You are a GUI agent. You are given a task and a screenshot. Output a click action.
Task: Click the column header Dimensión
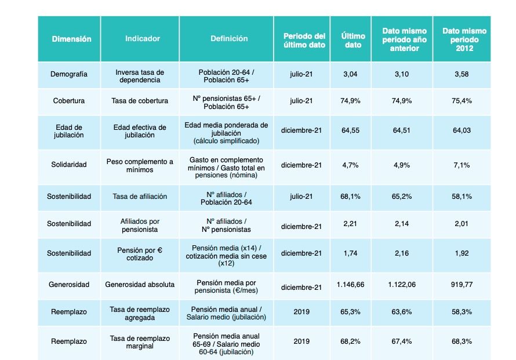[x=72, y=39]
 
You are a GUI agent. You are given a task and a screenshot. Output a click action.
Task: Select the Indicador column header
[x=142, y=39]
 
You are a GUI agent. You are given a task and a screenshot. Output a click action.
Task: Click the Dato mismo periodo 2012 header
[x=464, y=39]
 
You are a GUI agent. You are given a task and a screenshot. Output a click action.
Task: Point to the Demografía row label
[x=69, y=75]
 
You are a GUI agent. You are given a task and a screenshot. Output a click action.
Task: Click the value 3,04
[x=350, y=75]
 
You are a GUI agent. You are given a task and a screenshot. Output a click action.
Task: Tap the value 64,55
[x=350, y=131]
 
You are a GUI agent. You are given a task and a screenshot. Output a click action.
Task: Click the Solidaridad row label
[x=69, y=165]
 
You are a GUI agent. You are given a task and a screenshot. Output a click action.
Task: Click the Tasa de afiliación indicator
[x=140, y=197]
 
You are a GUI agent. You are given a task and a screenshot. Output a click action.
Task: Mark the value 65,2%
[x=402, y=197]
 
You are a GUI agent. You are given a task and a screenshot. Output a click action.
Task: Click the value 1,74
[x=350, y=253]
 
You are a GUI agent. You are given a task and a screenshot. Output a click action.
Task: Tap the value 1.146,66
[x=350, y=285]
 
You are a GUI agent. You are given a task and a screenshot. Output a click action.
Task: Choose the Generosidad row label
[x=69, y=285]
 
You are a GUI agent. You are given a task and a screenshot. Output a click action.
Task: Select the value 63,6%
[x=402, y=312]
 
